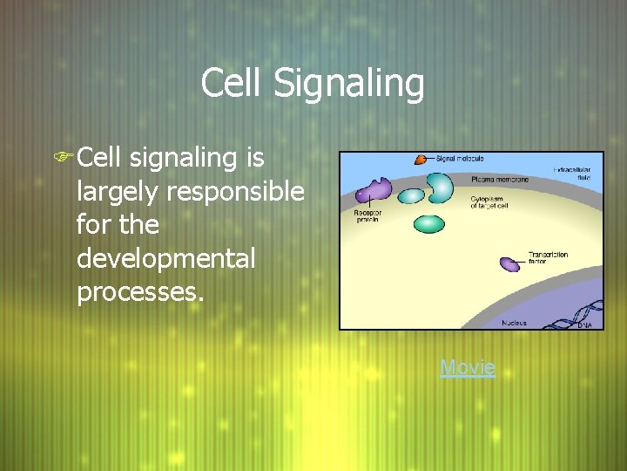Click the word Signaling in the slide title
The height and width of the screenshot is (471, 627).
pyautogui.click(x=349, y=85)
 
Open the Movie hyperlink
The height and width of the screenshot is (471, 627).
pyautogui.click(x=468, y=367)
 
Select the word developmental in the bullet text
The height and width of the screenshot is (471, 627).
pyautogui.click(x=166, y=259)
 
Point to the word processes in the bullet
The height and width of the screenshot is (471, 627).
pyautogui.click(x=139, y=292)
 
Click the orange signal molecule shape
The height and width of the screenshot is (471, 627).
pyautogui.click(x=421, y=160)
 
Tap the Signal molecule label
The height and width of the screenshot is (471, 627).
pyautogui.click(x=459, y=159)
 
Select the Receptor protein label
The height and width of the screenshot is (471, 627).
pyautogui.click(x=367, y=216)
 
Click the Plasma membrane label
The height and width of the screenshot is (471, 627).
pyautogui.click(x=499, y=179)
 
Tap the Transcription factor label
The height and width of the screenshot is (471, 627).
pyautogui.click(x=549, y=258)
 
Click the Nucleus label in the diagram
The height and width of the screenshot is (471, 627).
pyautogui.click(x=514, y=323)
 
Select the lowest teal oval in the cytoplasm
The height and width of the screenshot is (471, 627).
pyautogui.click(x=428, y=223)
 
